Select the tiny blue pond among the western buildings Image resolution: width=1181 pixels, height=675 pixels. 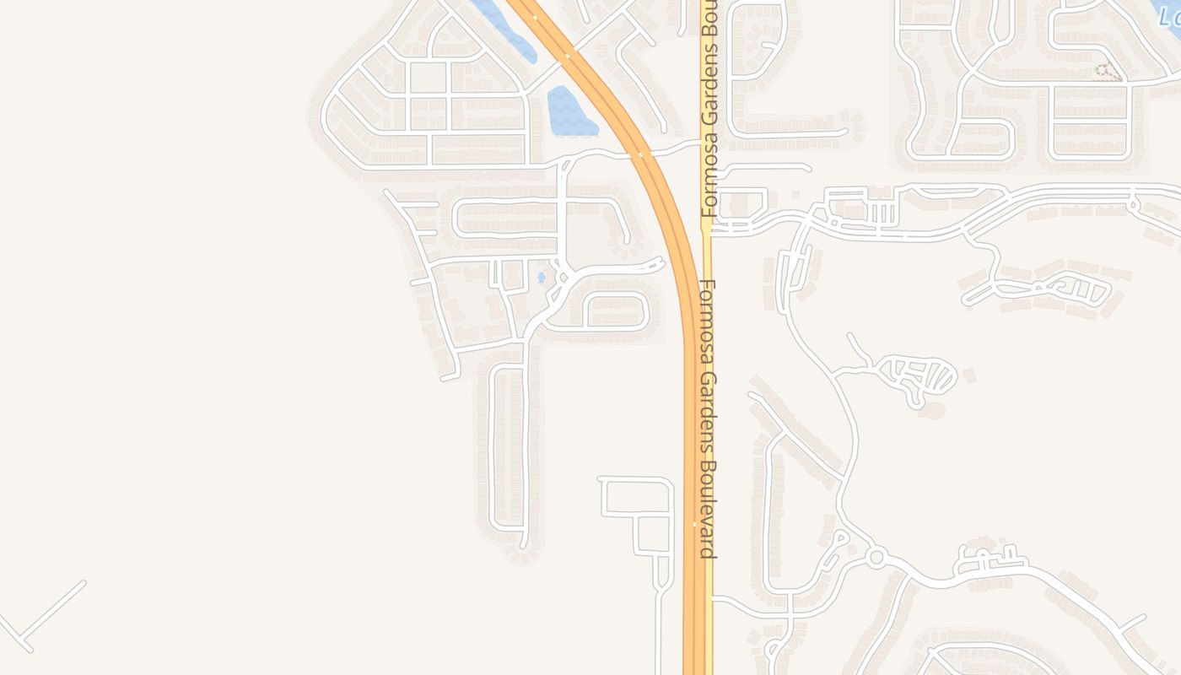pyautogui.click(x=541, y=277)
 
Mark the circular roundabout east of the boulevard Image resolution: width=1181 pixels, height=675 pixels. pyautogui.click(x=876, y=557)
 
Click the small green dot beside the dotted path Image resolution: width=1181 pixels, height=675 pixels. pyautogui.click(x=1096, y=68)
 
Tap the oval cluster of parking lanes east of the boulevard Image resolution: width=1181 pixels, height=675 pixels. pyautogui.click(x=919, y=376)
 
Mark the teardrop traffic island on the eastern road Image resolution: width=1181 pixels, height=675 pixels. pyautogui.click(x=1135, y=202)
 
